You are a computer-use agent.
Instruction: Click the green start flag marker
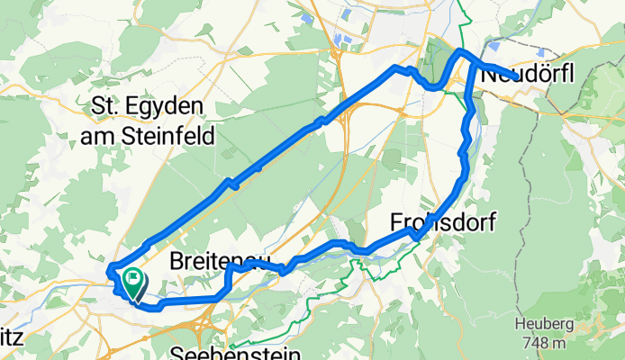(x=132, y=283)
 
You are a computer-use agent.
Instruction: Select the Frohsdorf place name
(x=442, y=222)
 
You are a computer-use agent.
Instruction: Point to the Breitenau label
(x=220, y=262)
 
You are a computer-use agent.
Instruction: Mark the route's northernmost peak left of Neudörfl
(x=460, y=51)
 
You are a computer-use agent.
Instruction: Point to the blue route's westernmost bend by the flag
(x=110, y=270)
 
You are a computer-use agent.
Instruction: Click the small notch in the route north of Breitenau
(x=231, y=184)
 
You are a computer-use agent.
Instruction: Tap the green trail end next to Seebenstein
(x=231, y=346)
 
